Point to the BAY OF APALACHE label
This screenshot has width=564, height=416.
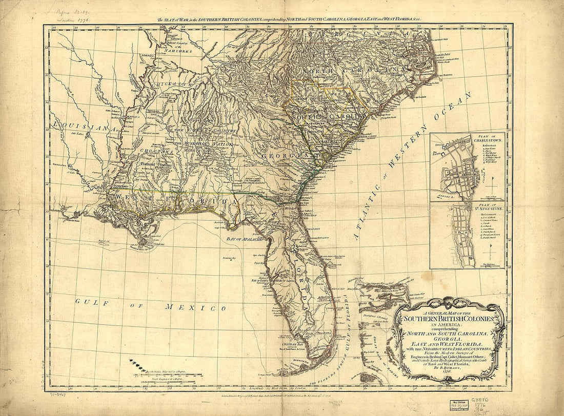(241, 238)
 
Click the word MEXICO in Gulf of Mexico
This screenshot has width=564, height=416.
(195, 307)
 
